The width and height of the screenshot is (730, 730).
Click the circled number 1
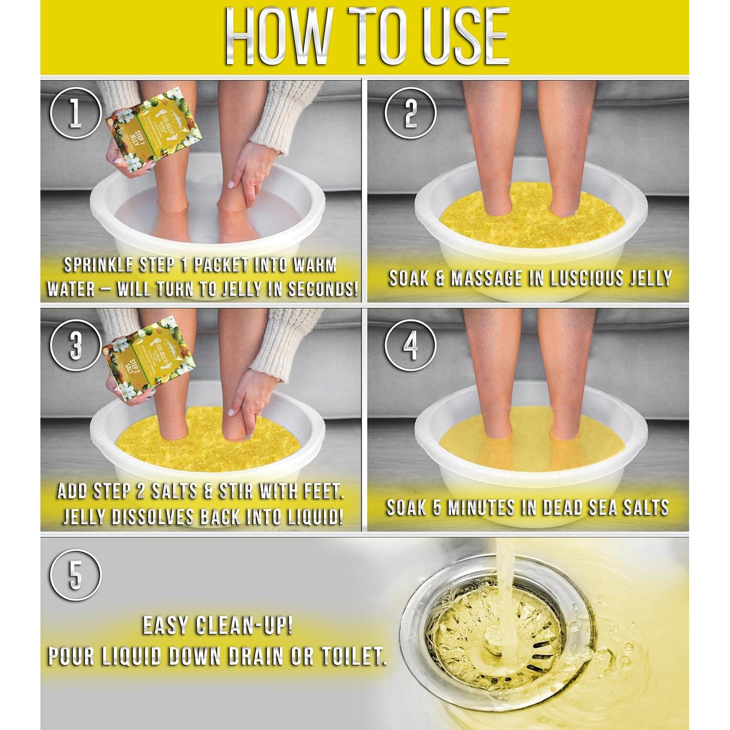tap(75, 113)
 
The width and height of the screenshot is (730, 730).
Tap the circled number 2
tap(410, 113)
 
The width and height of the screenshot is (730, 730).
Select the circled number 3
tap(75, 347)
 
